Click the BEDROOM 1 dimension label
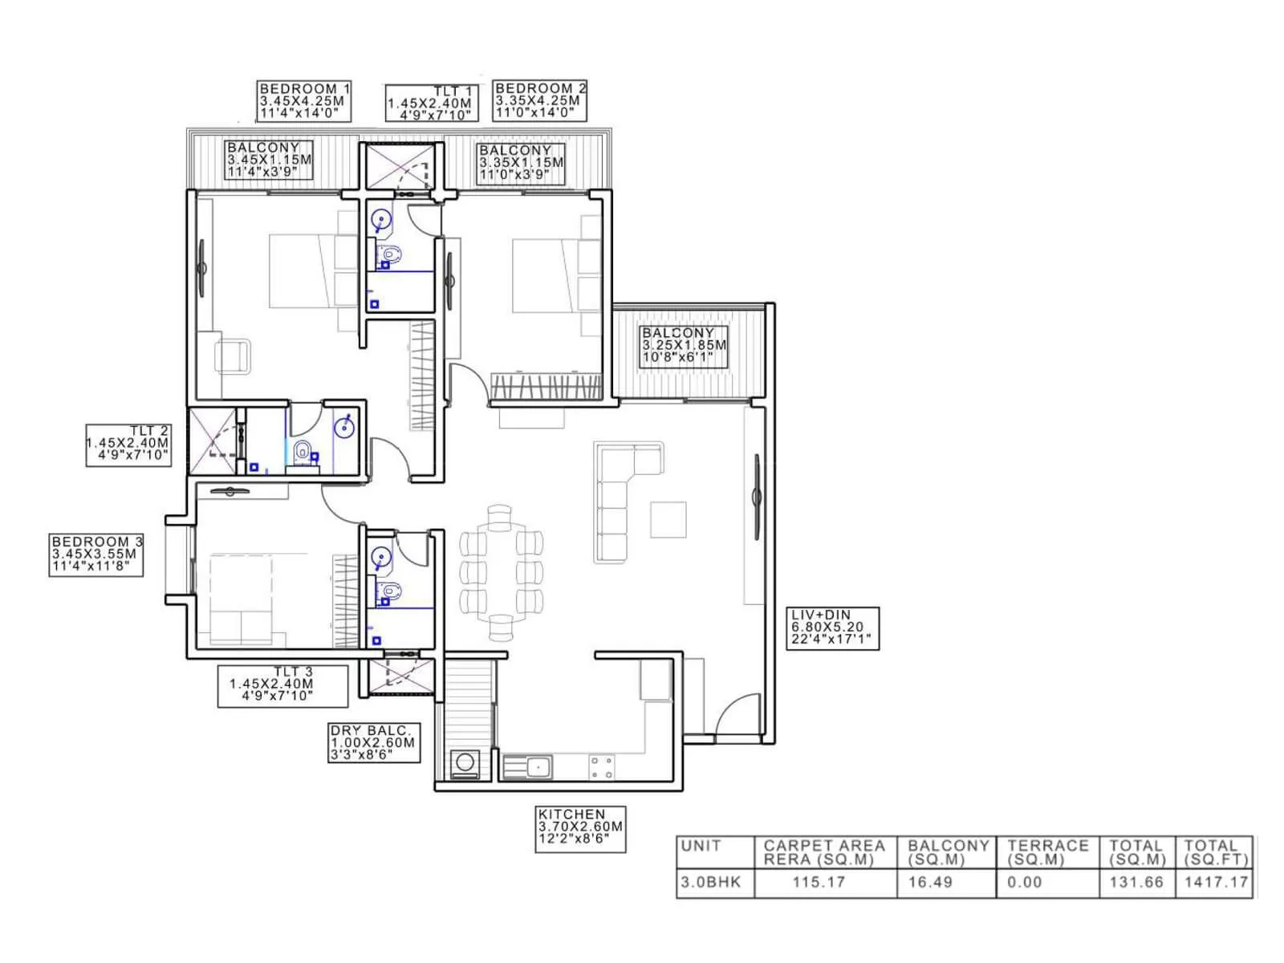pyautogui.click(x=305, y=101)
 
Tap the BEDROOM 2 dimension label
pyautogui.click(x=540, y=101)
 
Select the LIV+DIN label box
pyautogui.click(x=832, y=628)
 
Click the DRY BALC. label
pyautogui.click(x=374, y=742)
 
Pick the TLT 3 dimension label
pyautogui.click(x=282, y=685)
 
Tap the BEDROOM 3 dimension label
pyautogui.click(x=96, y=555)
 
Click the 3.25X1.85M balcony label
pyautogui.click(x=684, y=346)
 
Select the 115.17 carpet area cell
pyautogui.click(x=819, y=883)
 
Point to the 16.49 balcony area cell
pyautogui.click(x=930, y=883)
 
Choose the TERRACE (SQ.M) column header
pyautogui.click(x=1047, y=852)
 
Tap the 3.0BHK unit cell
pyautogui.click(x=706, y=883)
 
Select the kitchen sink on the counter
pyautogui.click(x=527, y=767)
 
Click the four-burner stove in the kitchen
pyautogui.click(x=602, y=767)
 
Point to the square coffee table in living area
pyautogui.click(x=668, y=519)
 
